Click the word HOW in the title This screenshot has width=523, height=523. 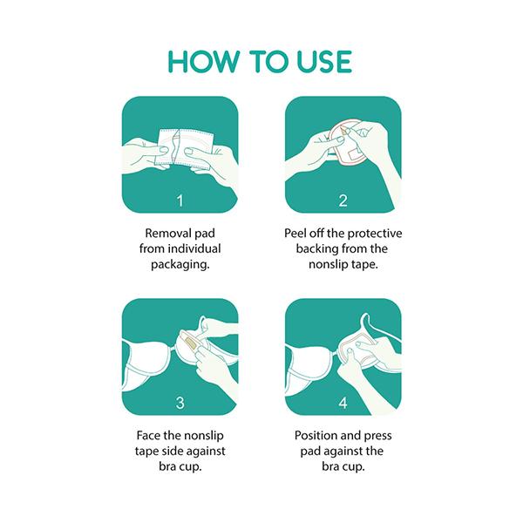[x=203, y=62]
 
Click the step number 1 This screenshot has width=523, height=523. [x=180, y=200]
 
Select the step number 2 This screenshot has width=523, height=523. [x=343, y=200]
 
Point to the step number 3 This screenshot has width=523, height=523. [x=180, y=403]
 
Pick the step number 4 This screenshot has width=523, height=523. [x=343, y=403]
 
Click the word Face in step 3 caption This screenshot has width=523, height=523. [x=146, y=435]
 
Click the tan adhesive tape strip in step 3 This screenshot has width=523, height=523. [x=190, y=343]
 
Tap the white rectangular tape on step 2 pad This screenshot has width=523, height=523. [x=354, y=153]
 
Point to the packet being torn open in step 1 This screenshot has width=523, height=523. [x=184, y=147]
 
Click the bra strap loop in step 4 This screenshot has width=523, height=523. [x=365, y=321]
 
